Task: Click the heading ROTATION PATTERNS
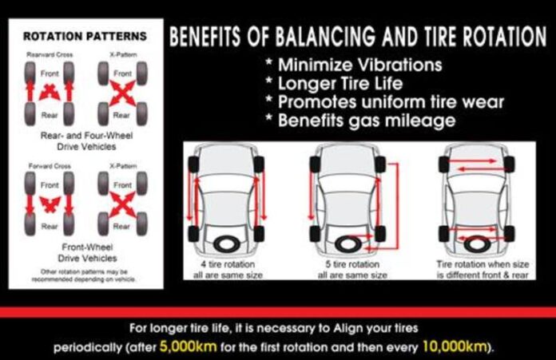pos(84,36)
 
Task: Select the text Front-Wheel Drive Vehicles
pos(84,253)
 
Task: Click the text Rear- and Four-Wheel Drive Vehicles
pos(84,143)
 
